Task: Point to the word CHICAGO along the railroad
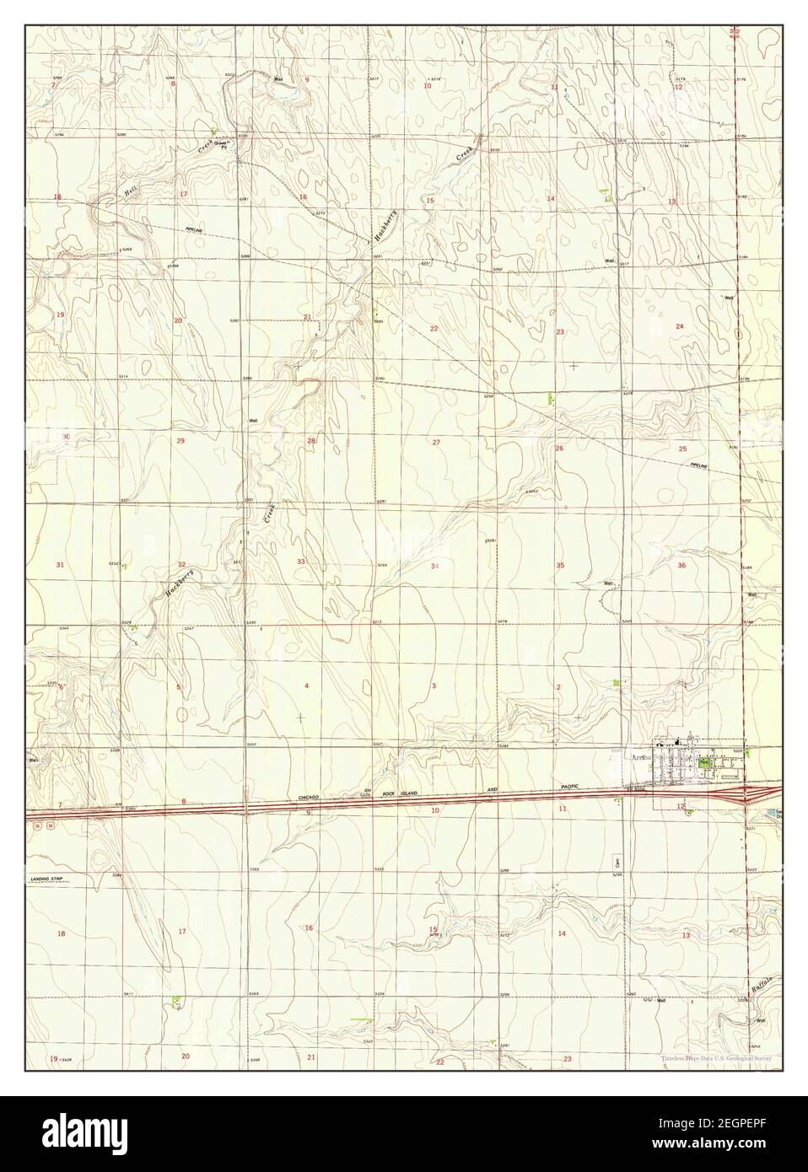click(x=315, y=797)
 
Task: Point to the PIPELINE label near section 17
click(x=197, y=229)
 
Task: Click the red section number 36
click(x=681, y=565)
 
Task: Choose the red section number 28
click(x=310, y=441)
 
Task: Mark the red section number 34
click(x=434, y=566)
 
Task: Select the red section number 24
click(x=679, y=325)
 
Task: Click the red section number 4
click(x=306, y=686)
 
